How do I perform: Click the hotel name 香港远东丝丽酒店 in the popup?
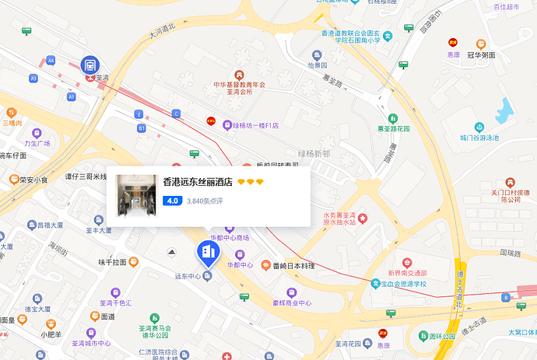pyautogui.click(x=198, y=182)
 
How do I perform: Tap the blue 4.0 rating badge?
pyautogui.click(x=172, y=201)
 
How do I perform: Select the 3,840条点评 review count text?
pyautogui.click(x=205, y=201)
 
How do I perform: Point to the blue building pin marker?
pyautogui.click(x=207, y=250)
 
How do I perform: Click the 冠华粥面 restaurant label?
pyautogui.click(x=481, y=55)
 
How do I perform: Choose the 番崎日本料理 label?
pyautogui.click(x=293, y=266)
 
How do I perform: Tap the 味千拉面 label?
pyautogui.click(x=113, y=263)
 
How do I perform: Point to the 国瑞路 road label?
pyautogui.click(x=511, y=253)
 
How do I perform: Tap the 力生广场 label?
pyautogui.click(x=37, y=143)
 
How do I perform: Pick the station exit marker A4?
pyautogui.click(x=51, y=60)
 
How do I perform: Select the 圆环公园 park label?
pyautogui.click(x=435, y=316)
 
